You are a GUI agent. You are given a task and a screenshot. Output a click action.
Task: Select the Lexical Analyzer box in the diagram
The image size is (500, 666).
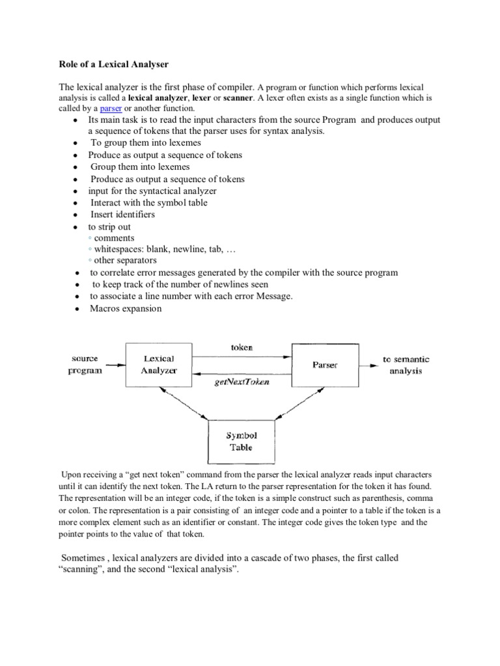pos(158,365)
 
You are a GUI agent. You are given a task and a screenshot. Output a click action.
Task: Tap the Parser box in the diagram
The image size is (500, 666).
pos(324,365)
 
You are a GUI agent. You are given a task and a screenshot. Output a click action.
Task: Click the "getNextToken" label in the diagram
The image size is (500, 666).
pos(242,382)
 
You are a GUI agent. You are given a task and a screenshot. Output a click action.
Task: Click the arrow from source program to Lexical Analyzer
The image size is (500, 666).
pos(113,365)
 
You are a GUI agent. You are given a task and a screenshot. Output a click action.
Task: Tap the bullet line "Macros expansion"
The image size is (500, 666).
pos(126,308)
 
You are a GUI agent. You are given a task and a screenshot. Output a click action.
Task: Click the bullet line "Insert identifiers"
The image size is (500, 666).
pos(122,215)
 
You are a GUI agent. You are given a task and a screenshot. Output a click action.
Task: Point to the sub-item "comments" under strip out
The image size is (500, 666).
pos(114,238)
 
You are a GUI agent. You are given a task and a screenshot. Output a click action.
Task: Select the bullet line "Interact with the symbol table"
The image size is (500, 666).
pos(149,203)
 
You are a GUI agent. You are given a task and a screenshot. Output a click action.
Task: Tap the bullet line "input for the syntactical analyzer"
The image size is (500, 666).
pos(152,191)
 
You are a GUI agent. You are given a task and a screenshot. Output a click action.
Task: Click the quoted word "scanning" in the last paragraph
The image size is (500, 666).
pos(78,570)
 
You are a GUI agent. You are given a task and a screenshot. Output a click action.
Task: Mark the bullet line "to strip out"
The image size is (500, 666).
pos(109,226)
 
